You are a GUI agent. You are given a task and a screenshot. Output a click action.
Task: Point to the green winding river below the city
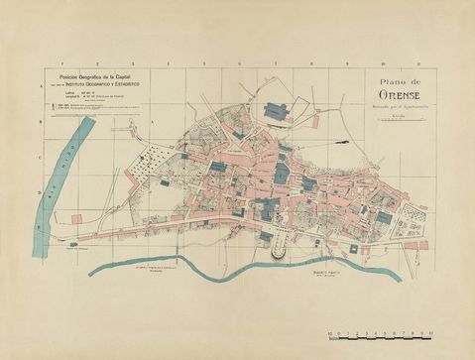(x=248, y=266)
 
